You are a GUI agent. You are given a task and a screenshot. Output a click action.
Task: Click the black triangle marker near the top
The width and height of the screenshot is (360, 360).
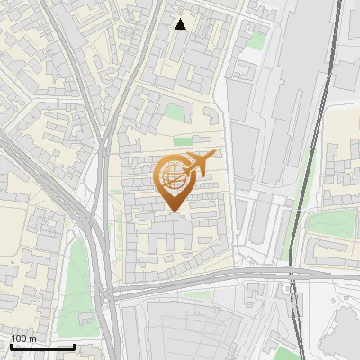pos(181,24)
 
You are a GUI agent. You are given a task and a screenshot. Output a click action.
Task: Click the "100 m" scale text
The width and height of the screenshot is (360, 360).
pos(24,338)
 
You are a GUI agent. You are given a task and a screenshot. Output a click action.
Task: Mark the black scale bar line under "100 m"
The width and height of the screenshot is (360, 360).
pos(41,346)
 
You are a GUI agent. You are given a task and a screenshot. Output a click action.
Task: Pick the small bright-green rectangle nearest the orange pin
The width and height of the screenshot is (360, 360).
pos(184,141)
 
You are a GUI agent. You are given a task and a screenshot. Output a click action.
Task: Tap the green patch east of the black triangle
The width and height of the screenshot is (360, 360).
pos(258,40)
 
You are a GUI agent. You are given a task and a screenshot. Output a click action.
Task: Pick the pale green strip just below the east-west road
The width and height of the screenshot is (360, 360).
pos(180,292)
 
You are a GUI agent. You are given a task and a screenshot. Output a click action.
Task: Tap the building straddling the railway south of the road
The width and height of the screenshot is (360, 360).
pos(293,292)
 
